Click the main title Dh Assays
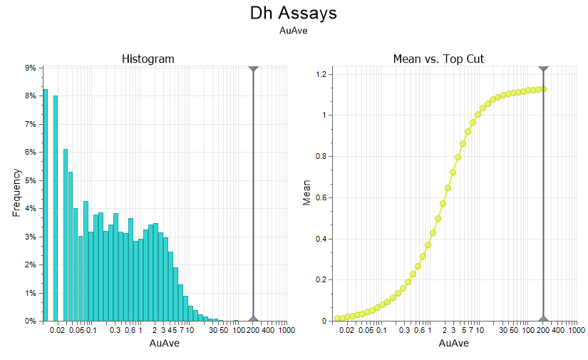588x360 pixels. point(294,13)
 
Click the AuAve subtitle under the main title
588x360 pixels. point(294,31)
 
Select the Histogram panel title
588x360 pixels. point(148,58)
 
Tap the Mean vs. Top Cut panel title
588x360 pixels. point(438,58)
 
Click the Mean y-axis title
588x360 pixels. point(307,192)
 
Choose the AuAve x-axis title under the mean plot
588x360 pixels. point(454,344)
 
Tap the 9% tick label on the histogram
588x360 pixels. point(31,68)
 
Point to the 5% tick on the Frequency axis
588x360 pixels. point(31,180)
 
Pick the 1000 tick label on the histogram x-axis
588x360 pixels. point(287,331)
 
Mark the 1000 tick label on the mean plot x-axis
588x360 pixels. point(577,331)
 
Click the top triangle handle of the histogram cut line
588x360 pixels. point(253,68)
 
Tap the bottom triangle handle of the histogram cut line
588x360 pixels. point(253,318)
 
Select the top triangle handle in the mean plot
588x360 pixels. point(543,68)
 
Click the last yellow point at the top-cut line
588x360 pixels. point(543,88)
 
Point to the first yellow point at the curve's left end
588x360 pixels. point(337,318)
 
